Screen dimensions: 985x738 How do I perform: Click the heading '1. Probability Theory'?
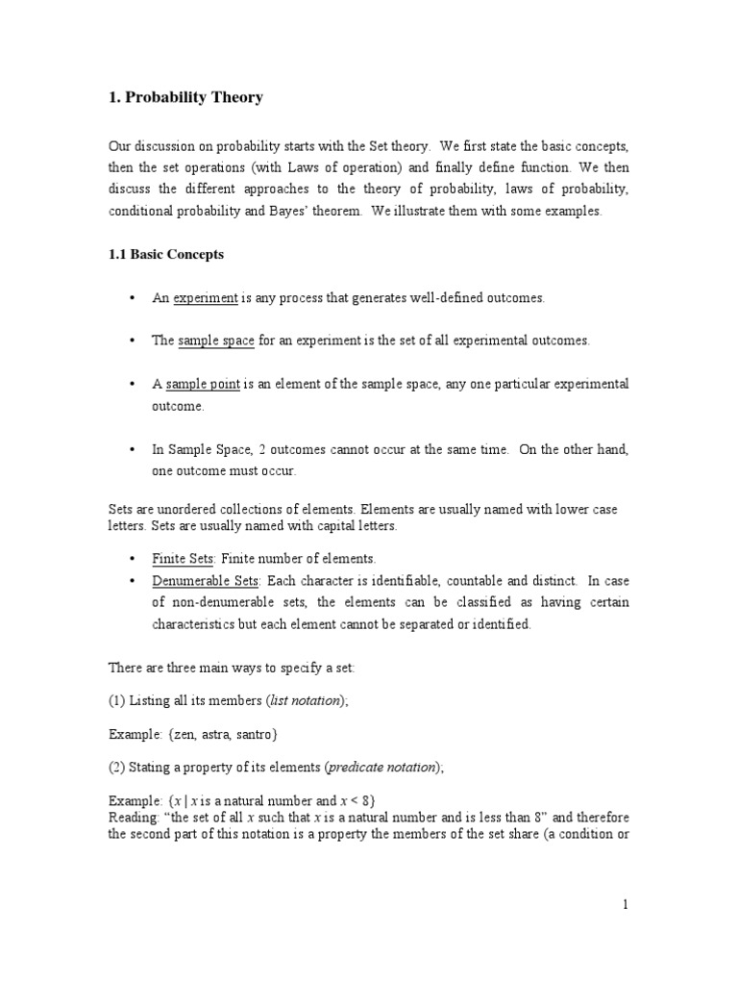tap(184, 98)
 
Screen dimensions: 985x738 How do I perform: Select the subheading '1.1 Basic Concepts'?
tap(165, 255)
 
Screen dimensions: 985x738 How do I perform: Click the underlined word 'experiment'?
tap(205, 298)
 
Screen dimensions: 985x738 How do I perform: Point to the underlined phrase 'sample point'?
tap(203, 384)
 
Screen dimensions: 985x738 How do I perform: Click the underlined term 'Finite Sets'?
tap(183, 559)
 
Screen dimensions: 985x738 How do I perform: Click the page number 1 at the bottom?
tap(625, 904)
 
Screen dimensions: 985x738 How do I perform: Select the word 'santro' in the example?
tap(253, 734)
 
